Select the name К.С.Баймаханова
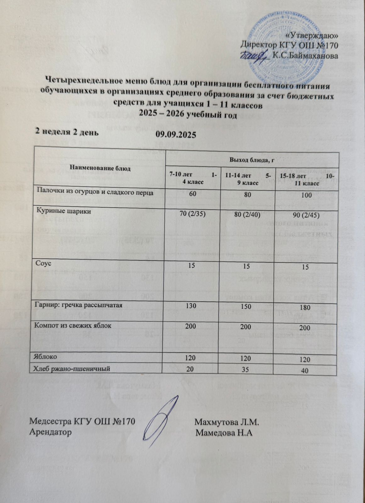[305, 56]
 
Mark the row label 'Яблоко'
[46, 357]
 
